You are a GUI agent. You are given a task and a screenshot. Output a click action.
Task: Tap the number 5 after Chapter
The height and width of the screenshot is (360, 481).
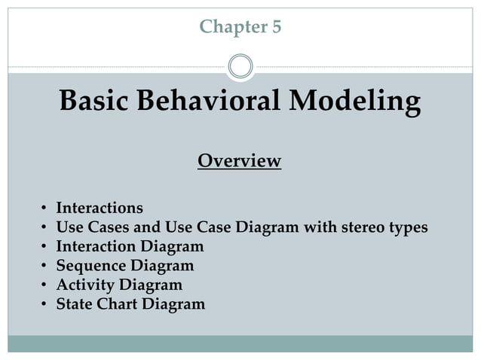[x=276, y=28]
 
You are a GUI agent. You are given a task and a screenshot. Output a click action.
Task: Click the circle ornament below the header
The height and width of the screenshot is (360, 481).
[x=240, y=66]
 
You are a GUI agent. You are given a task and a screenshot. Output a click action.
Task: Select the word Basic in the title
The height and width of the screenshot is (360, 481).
[x=95, y=102]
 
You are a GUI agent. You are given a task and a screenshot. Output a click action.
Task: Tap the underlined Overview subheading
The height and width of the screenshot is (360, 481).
[x=239, y=161]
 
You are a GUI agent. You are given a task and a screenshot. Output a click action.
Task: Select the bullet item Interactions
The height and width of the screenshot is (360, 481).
[x=100, y=208]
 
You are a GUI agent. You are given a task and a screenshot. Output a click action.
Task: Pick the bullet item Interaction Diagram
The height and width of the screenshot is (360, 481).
[x=130, y=246]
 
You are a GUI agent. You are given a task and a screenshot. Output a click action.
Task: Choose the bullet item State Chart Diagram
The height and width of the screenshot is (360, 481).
[x=130, y=305]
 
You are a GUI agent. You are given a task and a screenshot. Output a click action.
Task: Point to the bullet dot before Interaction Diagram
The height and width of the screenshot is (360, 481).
[x=44, y=247]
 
